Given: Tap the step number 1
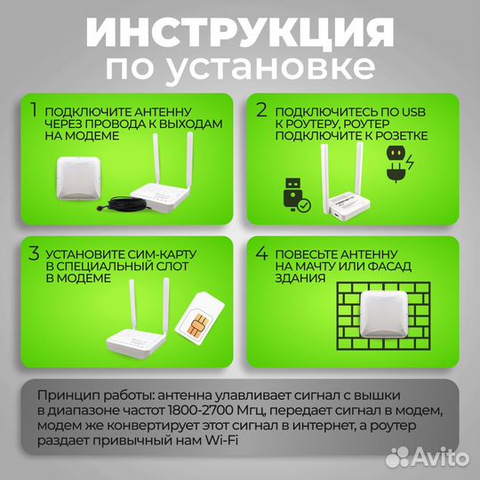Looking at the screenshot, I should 33,111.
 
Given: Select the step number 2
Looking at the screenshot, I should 261,111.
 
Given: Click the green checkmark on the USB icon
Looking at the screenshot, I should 304,205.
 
